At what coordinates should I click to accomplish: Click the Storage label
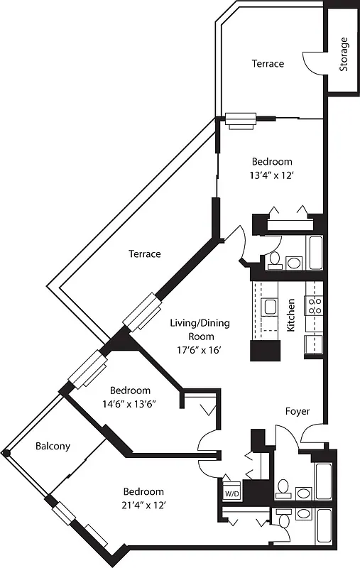tap(344, 55)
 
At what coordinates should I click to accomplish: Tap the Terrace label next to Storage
tap(268, 64)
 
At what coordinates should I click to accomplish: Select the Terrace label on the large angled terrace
tap(144, 253)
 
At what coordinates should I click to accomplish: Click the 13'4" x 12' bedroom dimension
tap(268, 176)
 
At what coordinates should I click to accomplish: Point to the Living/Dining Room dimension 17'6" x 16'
tap(200, 349)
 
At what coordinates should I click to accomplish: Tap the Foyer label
tap(297, 411)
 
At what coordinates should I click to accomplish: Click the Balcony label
tap(53, 447)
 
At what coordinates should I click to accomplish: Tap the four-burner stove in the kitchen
tap(315, 306)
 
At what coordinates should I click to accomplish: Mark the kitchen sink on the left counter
tap(269, 307)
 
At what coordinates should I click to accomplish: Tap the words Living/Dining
tap(200, 324)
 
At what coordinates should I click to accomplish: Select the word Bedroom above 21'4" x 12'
tap(143, 491)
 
